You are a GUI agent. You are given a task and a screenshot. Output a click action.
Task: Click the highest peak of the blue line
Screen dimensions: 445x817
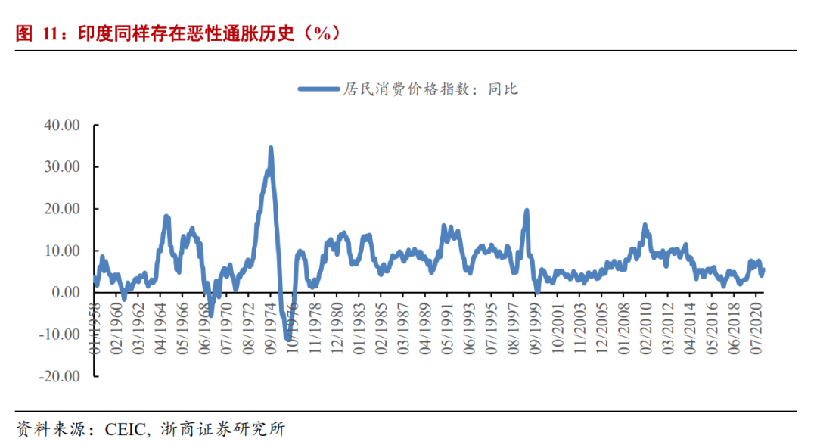[x=270, y=148]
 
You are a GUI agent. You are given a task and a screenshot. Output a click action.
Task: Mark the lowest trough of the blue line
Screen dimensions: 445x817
[x=288, y=338]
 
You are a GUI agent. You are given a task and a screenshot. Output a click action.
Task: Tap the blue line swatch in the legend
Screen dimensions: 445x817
[x=318, y=89]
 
